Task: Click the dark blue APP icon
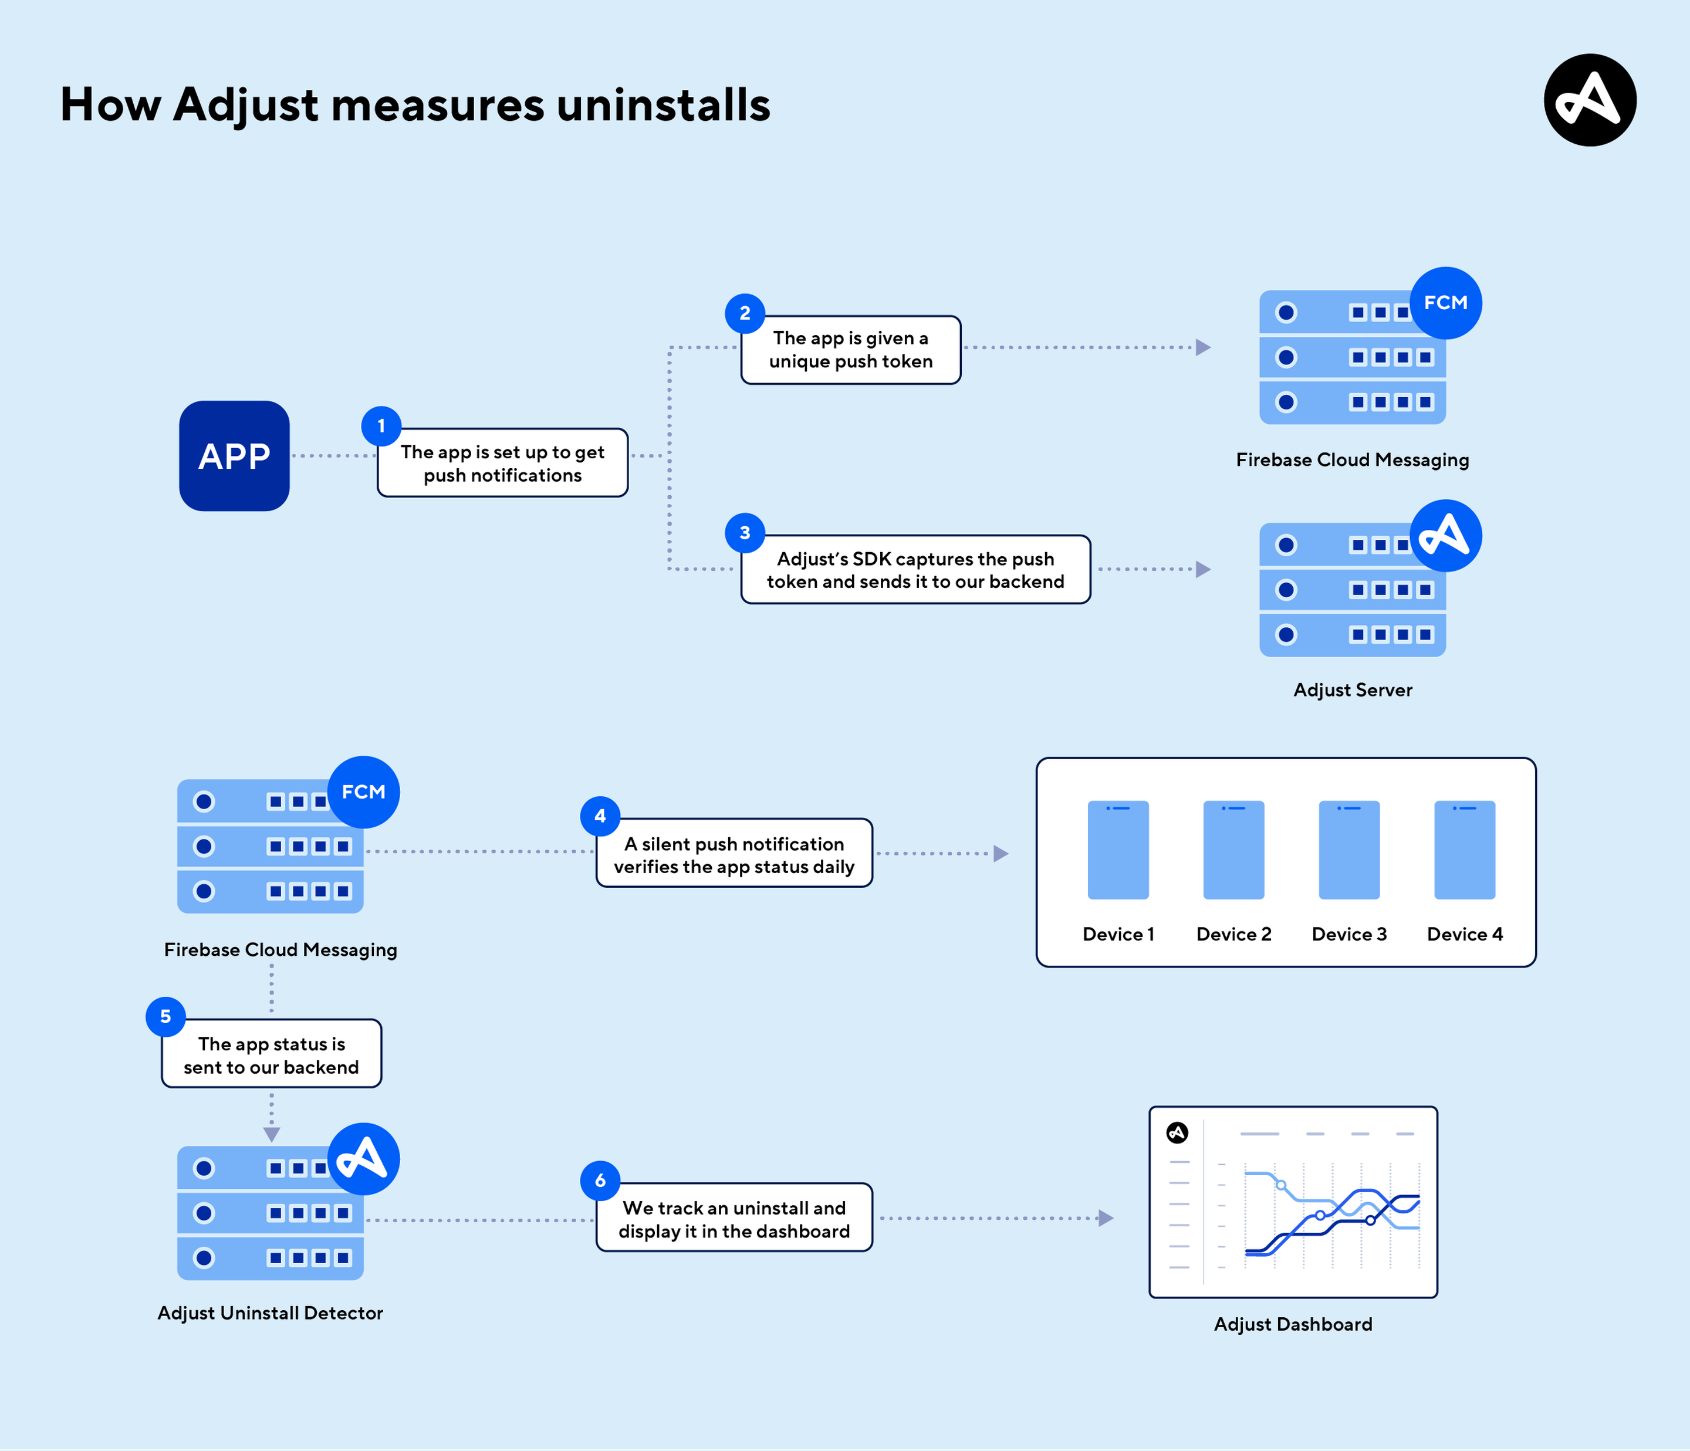click(x=234, y=456)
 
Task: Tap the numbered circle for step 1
click(x=381, y=426)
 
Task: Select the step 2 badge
click(x=745, y=313)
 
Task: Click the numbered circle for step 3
click(x=745, y=533)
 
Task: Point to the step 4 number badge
click(x=600, y=816)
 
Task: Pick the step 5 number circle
click(x=165, y=1016)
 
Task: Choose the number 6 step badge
click(x=600, y=1180)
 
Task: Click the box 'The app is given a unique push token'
click(x=851, y=350)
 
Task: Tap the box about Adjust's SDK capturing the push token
click(x=915, y=569)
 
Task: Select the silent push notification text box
click(x=734, y=853)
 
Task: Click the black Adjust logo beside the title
click(x=1590, y=100)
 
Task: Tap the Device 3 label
click(x=1349, y=934)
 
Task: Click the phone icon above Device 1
click(x=1118, y=850)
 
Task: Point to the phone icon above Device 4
click(x=1465, y=850)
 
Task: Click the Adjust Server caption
click(x=1353, y=690)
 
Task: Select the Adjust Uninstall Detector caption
click(x=270, y=1313)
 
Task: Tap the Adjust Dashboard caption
click(x=1293, y=1324)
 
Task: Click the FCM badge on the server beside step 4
click(x=364, y=792)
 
